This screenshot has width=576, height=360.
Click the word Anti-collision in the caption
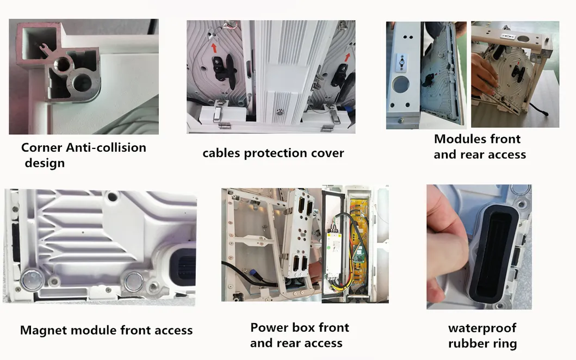106,148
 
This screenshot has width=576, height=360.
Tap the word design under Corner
45,163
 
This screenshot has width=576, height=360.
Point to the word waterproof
482,328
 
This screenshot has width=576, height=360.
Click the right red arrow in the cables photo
347,57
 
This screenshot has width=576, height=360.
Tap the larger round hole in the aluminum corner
82,82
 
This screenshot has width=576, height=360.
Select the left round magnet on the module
32,280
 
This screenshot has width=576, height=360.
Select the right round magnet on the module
134,282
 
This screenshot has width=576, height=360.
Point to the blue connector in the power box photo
254,274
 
